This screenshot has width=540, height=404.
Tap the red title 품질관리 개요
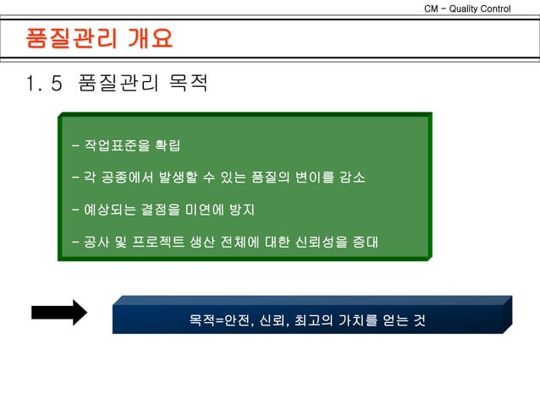pos(99,39)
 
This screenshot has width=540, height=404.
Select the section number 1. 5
pos(44,85)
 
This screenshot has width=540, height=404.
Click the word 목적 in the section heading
pos(187,85)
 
